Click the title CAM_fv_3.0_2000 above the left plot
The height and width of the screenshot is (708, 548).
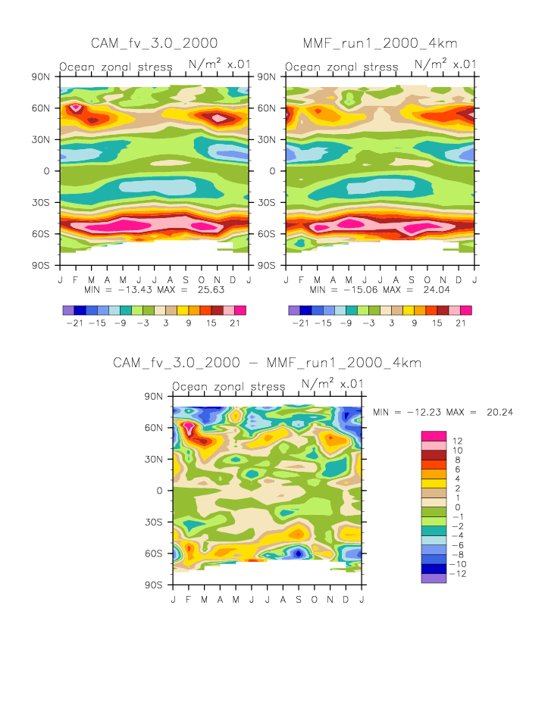tap(154, 42)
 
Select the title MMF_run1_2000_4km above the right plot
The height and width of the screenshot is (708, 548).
tap(380, 42)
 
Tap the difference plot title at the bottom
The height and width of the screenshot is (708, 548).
tap(267, 363)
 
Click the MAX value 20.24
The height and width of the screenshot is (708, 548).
tap(498, 412)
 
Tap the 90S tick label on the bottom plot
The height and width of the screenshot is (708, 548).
tap(154, 585)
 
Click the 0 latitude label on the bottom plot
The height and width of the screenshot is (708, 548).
tap(161, 491)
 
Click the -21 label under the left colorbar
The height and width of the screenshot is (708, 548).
tap(75, 323)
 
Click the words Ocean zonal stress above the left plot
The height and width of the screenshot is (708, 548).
tap(116, 67)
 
